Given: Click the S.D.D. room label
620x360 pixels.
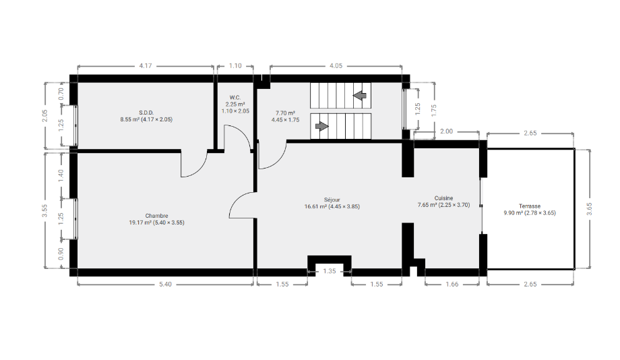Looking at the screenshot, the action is [x=146, y=113].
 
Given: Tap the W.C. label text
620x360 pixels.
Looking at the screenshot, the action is [x=235, y=98].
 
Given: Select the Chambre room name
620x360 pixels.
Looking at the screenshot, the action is [x=156, y=216].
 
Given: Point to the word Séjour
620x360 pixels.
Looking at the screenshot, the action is [x=332, y=200].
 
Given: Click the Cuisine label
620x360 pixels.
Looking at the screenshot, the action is [x=443, y=198].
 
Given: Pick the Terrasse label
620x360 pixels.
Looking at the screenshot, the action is [x=530, y=206].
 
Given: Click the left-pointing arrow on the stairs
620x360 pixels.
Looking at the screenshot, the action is [x=360, y=95].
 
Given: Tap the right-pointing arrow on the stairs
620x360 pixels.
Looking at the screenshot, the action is [x=322, y=126].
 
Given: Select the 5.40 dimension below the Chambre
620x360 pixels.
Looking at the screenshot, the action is [x=165, y=284].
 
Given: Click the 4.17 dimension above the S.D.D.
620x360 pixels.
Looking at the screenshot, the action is [x=146, y=65].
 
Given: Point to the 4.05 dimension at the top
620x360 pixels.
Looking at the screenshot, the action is [x=336, y=65].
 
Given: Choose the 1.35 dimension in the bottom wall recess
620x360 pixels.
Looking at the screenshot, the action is [x=330, y=271].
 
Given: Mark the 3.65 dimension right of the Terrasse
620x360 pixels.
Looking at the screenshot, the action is [x=589, y=209].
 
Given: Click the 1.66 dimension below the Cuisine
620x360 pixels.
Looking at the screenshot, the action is [x=452, y=284].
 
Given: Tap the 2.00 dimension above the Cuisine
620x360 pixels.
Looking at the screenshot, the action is [x=446, y=131].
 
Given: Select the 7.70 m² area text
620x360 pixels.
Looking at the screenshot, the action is [x=286, y=113].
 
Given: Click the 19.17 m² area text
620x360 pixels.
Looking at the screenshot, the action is [x=141, y=222].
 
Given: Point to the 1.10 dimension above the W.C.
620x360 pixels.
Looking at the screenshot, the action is [x=235, y=65].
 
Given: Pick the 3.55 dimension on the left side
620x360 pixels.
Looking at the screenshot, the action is [x=45, y=210].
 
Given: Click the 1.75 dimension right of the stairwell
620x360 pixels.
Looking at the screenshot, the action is [x=434, y=110].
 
